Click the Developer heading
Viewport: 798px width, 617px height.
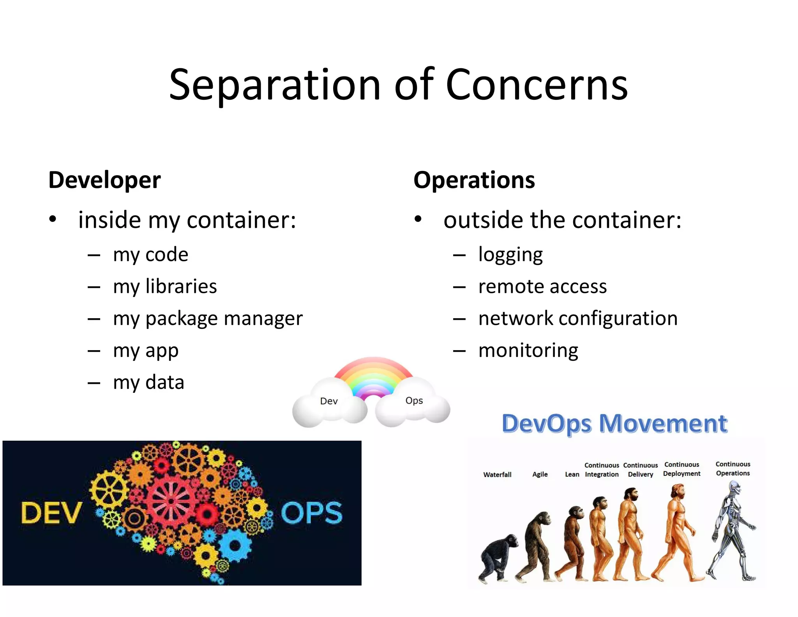tap(104, 180)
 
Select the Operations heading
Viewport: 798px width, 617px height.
tap(474, 180)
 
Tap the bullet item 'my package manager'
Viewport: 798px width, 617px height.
tap(207, 319)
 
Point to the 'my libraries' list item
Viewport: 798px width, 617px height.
tap(164, 287)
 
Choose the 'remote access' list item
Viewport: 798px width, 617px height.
tap(542, 287)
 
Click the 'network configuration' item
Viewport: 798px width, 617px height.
tap(577, 319)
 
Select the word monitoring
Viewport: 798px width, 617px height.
tap(528, 350)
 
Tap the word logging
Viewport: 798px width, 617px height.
tap(510, 255)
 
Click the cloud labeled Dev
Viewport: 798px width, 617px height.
tap(329, 406)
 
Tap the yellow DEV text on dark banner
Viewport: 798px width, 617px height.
tap(51, 513)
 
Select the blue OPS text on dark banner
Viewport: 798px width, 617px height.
tap(311, 513)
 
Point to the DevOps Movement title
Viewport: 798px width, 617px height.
tap(614, 424)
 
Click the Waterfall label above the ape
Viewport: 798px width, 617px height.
tap(497, 475)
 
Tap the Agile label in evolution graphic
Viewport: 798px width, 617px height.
tap(540, 474)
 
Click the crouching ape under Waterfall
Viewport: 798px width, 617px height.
tap(497, 558)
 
